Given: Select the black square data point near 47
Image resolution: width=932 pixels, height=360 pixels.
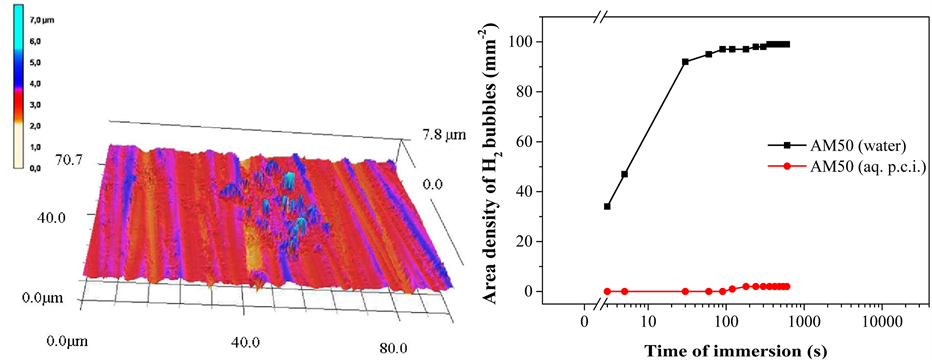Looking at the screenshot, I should [625, 174].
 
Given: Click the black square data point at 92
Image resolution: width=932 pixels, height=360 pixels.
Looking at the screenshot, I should [685, 62].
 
